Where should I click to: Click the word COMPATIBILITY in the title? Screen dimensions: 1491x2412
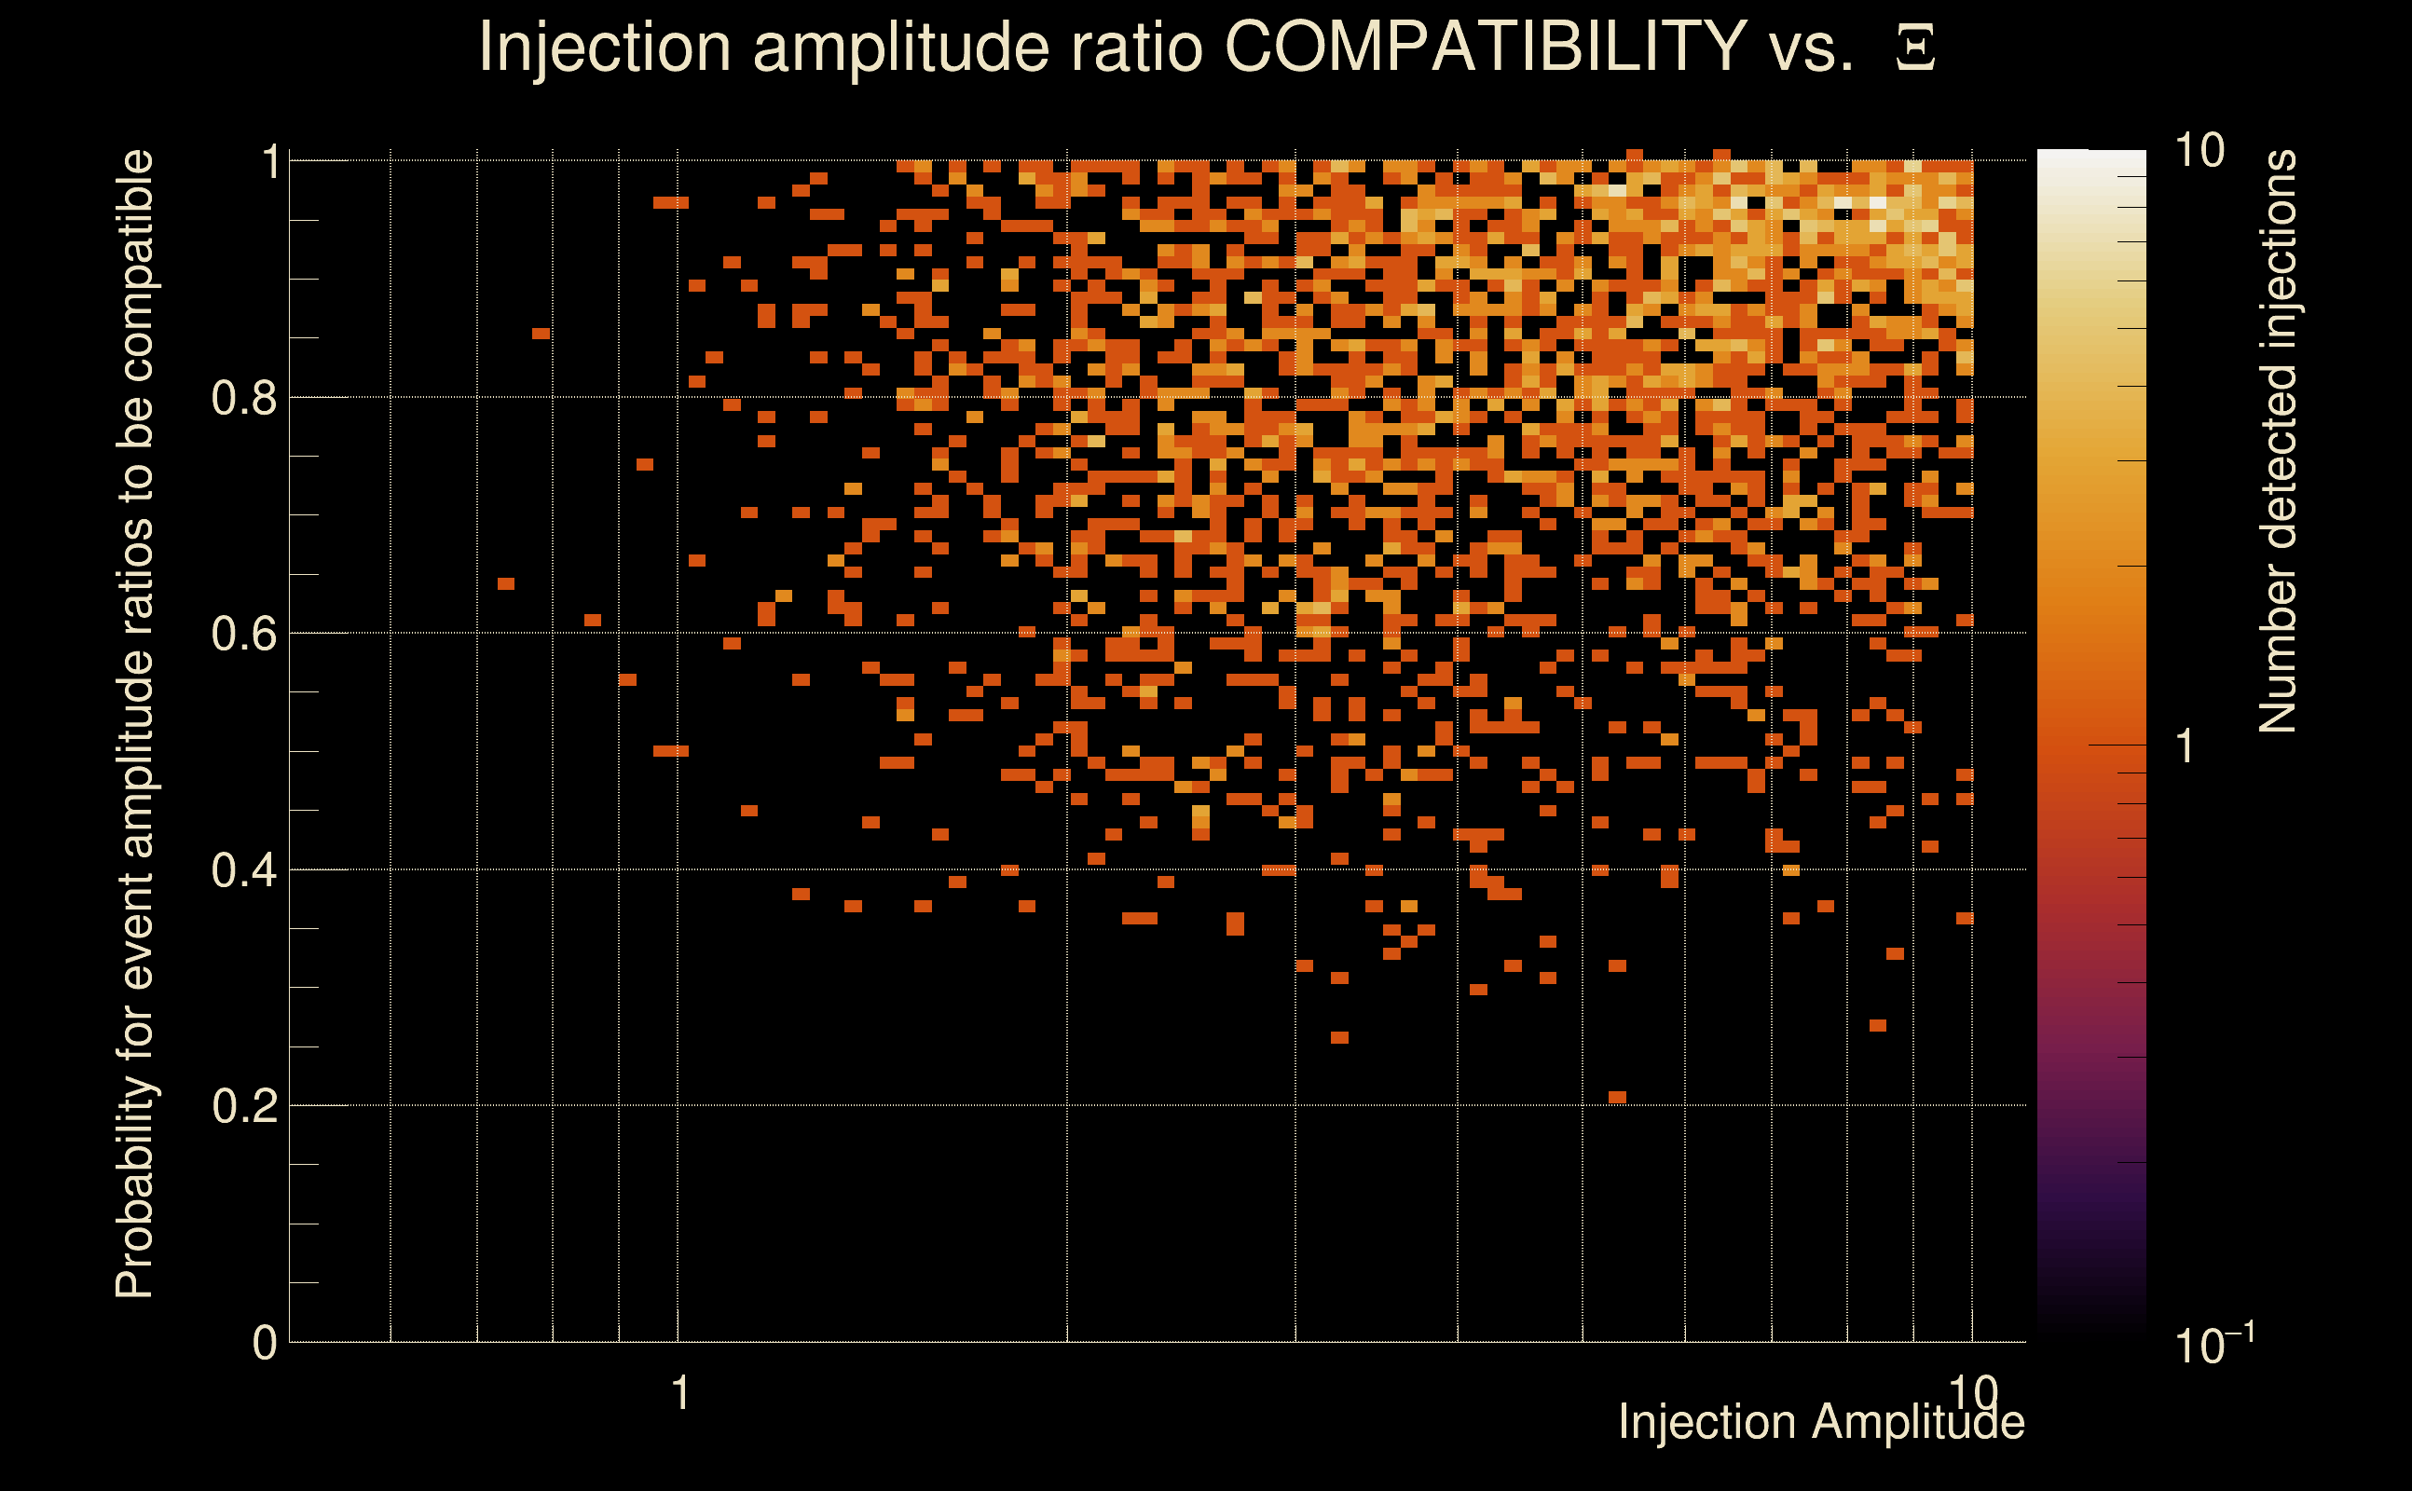(x=1486, y=47)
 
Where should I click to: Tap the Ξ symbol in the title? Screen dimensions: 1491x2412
(x=1915, y=48)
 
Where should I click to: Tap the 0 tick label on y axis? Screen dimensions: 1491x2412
(x=265, y=1343)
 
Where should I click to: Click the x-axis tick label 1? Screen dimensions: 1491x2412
(x=679, y=1393)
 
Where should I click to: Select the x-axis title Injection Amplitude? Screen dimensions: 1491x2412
(x=1821, y=1423)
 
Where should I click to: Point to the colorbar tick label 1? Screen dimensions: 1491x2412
(x=2186, y=746)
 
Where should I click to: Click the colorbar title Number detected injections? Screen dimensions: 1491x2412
(x=2277, y=441)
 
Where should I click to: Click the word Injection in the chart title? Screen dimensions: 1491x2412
(x=605, y=47)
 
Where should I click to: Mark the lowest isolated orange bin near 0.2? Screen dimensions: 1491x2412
(x=1617, y=1097)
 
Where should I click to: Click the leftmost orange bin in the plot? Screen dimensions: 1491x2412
(x=506, y=583)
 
